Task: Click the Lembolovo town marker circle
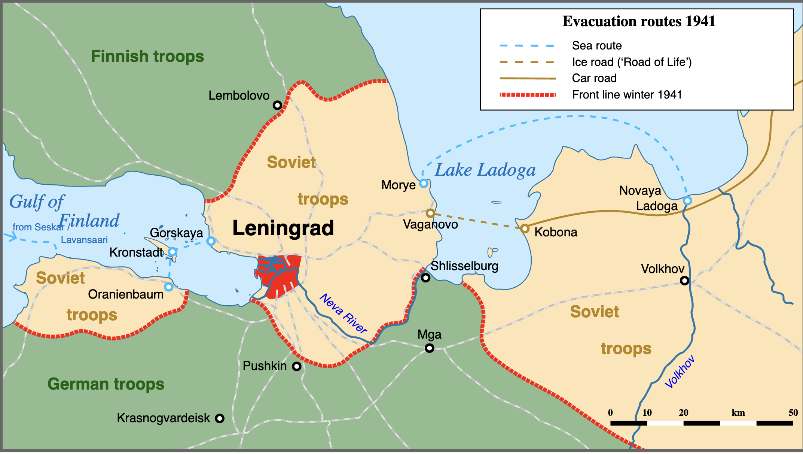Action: (277, 105)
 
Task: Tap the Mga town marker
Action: (430, 348)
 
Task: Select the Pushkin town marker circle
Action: (297, 366)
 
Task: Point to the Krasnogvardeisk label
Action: (163, 418)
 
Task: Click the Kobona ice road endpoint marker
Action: (525, 228)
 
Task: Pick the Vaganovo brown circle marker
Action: (430, 213)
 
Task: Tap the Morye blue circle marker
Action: (424, 183)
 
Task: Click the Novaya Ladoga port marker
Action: (687, 200)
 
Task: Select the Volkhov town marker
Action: (684, 280)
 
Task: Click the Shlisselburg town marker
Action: (425, 278)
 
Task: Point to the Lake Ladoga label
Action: (485, 170)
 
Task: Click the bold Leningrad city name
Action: (283, 228)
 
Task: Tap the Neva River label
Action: (343, 313)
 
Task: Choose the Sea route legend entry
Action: (596, 46)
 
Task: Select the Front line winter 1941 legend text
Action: (627, 94)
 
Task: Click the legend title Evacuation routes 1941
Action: (639, 21)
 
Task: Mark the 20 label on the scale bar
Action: (683, 413)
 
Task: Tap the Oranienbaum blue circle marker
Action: (169, 287)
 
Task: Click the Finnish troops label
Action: (147, 56)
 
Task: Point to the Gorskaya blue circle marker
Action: (211, 241)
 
